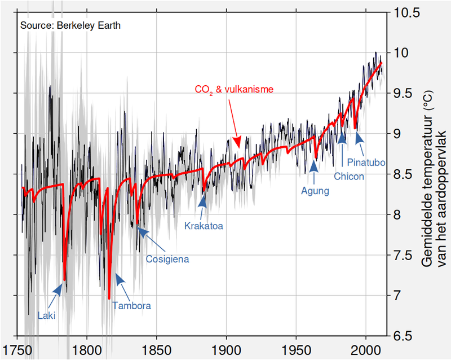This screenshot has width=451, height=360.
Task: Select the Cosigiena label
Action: tap(167, 260)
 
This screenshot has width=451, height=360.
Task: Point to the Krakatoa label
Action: tap(204, 226)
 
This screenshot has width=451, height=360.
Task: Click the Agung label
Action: tap(315, 191)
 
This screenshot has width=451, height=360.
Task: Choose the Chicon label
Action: tap(348, 176)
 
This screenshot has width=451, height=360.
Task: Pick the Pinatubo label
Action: tap(366, 163)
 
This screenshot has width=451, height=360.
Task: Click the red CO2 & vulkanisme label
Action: tap(234, 90)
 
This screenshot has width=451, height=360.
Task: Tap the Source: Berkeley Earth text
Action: tap(70, 26)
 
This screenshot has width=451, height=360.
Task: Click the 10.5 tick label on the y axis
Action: tap(406, 13)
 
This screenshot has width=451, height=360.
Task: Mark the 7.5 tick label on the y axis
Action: tap(403, 256)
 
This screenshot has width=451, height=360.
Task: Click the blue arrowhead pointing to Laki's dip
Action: tap(58, 288)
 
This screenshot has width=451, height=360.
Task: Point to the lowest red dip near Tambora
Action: tap(109, 298)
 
